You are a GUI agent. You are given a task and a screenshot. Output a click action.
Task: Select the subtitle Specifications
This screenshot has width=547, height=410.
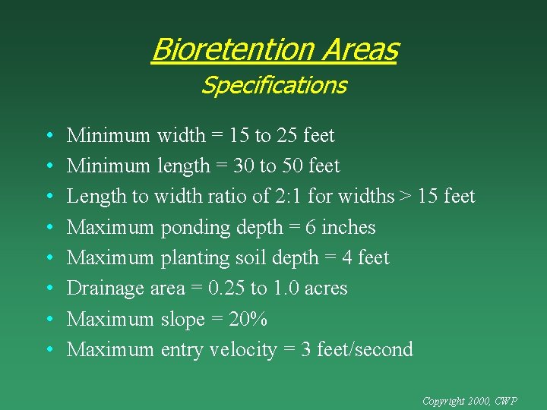[x=273, y=85]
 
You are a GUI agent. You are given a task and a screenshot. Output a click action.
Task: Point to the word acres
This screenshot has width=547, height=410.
[x=325, y=289]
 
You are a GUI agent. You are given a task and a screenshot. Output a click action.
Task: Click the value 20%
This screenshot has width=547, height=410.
[x=247, y=319]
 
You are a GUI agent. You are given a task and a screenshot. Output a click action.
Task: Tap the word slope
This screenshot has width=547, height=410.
[x=182, y=320]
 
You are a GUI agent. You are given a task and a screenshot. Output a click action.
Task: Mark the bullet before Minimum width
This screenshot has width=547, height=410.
[x=48, y=137]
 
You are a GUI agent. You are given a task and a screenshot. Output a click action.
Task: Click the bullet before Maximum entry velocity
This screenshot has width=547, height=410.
[x=48, y=351]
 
